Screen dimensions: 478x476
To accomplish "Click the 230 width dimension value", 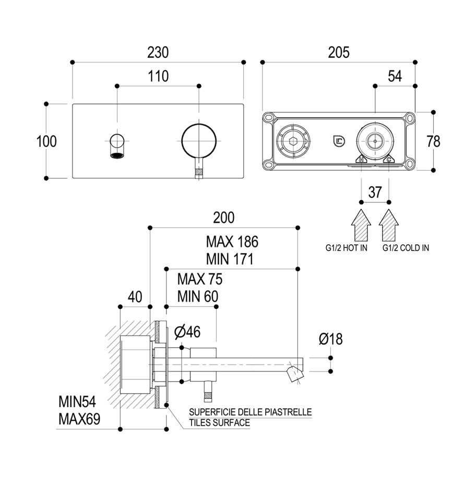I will tap(158, 52).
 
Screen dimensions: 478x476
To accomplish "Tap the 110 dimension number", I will tap(158, 77).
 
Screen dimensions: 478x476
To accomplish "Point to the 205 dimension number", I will tap(338, 52).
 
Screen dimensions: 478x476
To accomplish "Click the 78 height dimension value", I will tap(433, 141).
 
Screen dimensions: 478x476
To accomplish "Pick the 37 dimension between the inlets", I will tap(375, 192).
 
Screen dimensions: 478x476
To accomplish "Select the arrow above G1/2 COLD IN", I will tap(389, 225).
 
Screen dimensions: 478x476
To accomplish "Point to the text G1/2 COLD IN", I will tap(406, 248).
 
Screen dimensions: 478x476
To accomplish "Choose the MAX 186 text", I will tap(232, 242).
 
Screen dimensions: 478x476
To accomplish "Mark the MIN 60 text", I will tap(197, 296).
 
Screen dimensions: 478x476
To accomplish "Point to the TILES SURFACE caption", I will tap(219, 422).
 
